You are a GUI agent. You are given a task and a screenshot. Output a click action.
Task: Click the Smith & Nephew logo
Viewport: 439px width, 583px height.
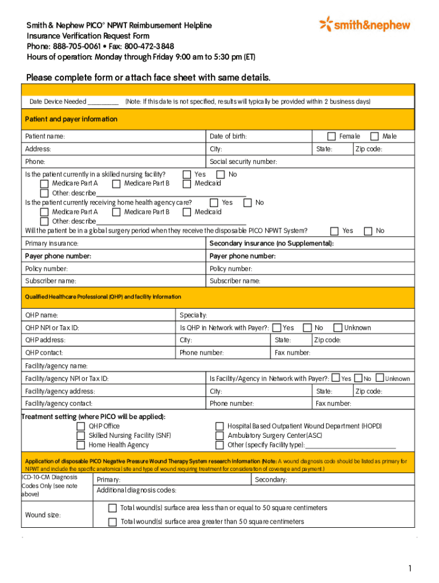pyautogui.click(x=365, y=24)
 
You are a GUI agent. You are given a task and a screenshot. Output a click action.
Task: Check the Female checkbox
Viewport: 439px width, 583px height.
pyautogui.click(x=331, y=136)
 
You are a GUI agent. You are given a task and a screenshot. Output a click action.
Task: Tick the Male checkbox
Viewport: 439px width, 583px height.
pyautogui.click(x=375, y=136)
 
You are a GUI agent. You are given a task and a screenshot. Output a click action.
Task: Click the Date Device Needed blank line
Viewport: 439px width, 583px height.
pyautogui.click(x=103, y=102)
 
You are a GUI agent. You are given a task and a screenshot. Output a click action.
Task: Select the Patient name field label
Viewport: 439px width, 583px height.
pyautogui.click(x=45, y=137)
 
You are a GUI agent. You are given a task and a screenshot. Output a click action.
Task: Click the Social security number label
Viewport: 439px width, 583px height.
pyautogui.click(x=243, y=162)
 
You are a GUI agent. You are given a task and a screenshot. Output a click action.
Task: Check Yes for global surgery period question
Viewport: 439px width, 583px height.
pyautogui.click(x=335, y=231)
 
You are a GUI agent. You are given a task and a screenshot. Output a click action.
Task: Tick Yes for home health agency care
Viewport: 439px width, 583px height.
pyautogui.click(x=214, y=202)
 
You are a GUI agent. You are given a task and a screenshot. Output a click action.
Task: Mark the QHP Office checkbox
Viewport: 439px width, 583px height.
pyautogui.click(x=81, y=426)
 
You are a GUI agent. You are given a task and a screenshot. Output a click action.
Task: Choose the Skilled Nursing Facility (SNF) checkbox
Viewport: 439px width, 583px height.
pyautogui.click(x=81, y=436)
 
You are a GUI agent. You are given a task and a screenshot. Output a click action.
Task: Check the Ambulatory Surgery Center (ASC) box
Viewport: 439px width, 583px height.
pyautogui.click(x=219, y=436)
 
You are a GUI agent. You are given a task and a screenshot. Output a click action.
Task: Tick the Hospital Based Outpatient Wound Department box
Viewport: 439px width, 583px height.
pyautogui.click(x=219, y=426)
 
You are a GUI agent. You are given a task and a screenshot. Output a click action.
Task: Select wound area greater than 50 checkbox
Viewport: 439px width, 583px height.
pyautogui.click(x=112, y=522)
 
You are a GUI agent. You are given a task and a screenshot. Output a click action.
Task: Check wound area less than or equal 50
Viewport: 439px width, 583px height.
pyautogui.click(x=112, y=508)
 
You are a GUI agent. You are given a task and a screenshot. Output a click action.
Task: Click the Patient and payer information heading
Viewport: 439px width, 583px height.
pyautogui.click(x=71, y=119)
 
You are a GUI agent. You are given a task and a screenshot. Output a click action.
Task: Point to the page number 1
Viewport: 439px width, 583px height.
pyautogui.click(x=409, y=568)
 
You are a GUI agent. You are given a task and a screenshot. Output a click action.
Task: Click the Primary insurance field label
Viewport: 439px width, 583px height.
pyautogui.click(x=52, y=244)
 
